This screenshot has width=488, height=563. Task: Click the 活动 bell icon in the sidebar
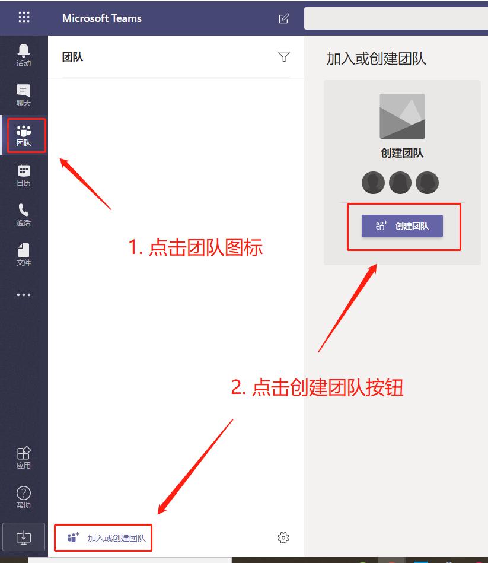24,55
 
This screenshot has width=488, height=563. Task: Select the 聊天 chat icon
24,94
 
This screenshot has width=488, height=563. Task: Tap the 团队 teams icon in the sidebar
24,135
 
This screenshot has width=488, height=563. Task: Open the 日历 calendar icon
24,174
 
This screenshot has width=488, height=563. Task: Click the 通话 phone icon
24,214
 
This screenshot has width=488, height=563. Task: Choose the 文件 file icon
24,254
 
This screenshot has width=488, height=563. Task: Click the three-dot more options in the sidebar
24,295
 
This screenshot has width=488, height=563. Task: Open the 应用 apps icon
24,457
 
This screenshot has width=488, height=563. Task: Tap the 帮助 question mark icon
24,497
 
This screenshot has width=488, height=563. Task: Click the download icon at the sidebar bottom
24,537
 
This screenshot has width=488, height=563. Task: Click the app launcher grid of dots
24,17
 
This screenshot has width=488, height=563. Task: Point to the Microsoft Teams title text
102,18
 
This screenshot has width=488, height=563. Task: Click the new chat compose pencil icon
284,18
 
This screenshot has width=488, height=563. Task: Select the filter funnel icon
284,57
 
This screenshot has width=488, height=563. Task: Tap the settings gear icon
283,538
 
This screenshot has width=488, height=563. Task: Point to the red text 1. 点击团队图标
196,247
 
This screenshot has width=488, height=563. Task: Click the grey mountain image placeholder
402,116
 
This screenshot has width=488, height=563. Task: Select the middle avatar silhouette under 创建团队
400,183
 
